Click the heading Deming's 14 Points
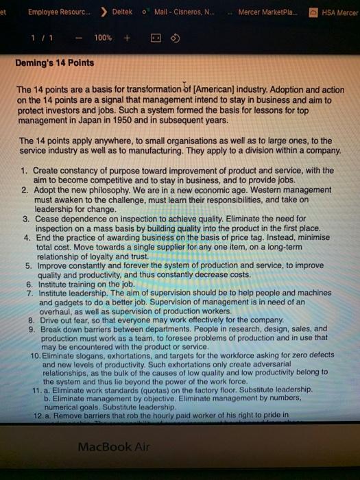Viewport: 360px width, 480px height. coord(56,62)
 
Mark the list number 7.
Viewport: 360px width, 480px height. coord(29,292)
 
